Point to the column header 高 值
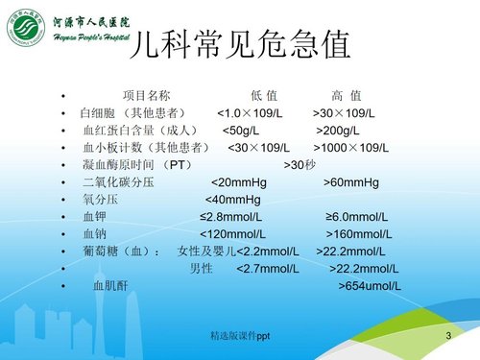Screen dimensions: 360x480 click(346, 95)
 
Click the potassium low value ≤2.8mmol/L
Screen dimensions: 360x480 click(231, 217)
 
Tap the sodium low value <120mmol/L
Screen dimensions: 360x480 click(234, 234)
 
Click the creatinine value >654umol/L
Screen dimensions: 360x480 click(370, 286)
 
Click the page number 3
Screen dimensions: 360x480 click(448, 335)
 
